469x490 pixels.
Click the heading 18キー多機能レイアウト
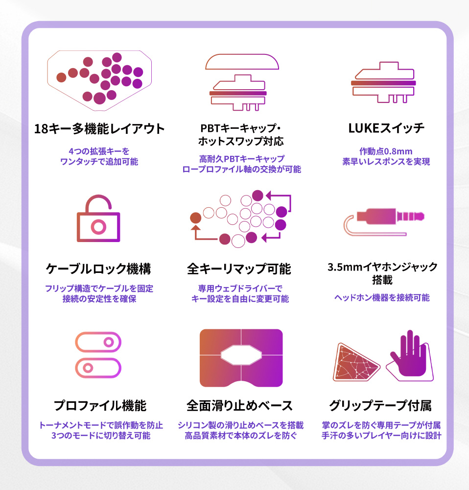(99, 129)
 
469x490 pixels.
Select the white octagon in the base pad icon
(241, 354)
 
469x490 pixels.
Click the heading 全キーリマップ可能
(239, 269)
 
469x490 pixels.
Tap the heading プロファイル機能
(100, 406)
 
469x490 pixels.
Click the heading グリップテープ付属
(380, 406)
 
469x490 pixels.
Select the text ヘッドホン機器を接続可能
(382, 297)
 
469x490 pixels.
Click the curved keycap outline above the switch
(242, 63)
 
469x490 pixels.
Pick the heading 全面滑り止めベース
(240, 406)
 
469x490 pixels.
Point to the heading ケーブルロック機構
(98, 269)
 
